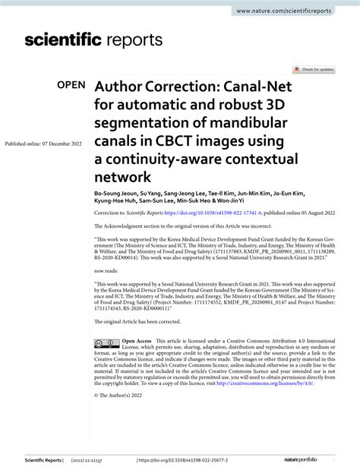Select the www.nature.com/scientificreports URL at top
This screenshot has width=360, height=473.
point(294,11)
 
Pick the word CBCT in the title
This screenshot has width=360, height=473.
point(176,141)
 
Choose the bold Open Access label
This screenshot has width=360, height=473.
point(137,342)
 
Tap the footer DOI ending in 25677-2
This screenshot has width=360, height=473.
point(176,461)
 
